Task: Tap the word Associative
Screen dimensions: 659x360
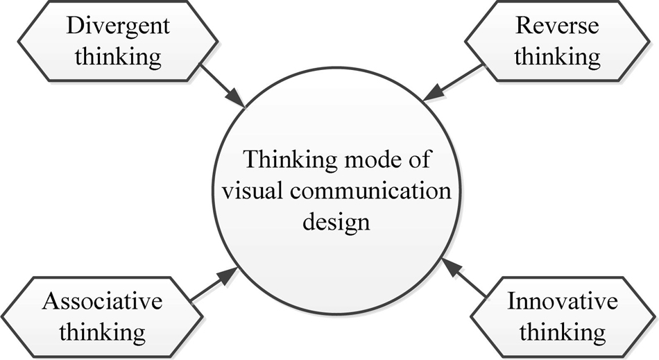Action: [x=102, y=301]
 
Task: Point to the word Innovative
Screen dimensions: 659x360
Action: [x=563, y=301]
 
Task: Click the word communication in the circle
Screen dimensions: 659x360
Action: [x=370, y=191]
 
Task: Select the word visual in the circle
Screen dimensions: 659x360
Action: [x=253, y=191]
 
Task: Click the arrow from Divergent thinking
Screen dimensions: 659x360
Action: [x=223, y=86]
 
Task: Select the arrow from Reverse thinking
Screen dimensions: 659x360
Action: [x=453, y=83]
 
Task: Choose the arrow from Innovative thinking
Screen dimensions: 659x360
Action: [x=465, y=278]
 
